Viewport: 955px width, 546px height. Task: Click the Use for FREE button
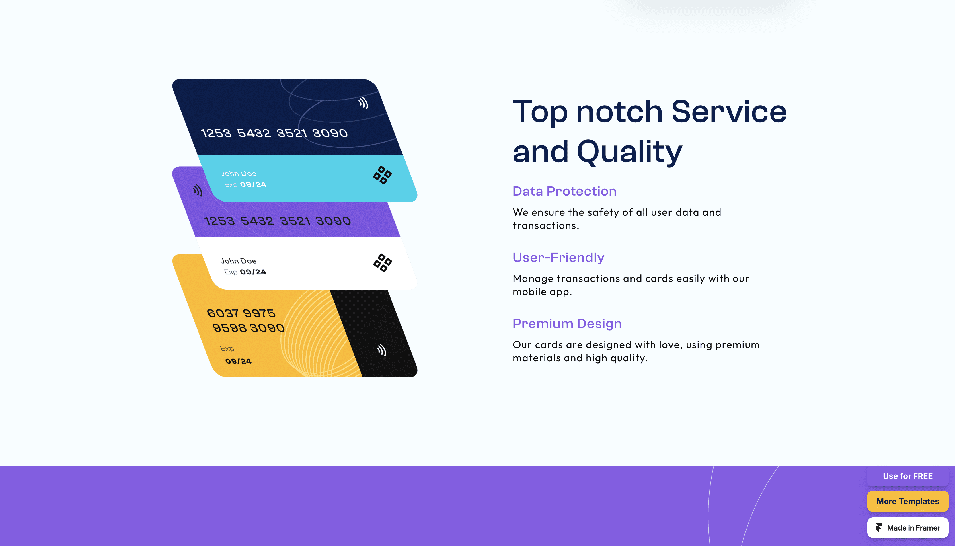[907, 476]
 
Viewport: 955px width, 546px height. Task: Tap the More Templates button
[907, 501]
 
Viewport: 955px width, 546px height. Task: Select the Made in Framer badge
[907, 528]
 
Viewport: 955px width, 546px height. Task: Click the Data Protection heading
[564, 191]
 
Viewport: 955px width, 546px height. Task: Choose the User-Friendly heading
[558, 258]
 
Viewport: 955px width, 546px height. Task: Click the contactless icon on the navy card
[363, 103]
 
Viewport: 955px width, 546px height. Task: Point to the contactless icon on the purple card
[198, 190]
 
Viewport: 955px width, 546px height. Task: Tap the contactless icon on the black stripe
[381, 350]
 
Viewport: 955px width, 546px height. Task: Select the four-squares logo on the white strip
[383, 262]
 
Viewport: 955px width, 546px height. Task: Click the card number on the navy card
[274, 133]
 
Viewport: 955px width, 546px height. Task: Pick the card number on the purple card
[277, 221]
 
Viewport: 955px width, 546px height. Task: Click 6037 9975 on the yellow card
[241, 313]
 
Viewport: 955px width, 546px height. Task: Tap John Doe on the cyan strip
[239, 173]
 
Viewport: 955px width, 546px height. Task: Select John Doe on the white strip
[239, 261]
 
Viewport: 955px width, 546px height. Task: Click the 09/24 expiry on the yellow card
[238, 361]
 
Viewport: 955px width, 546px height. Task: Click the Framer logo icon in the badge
[878, 528]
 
